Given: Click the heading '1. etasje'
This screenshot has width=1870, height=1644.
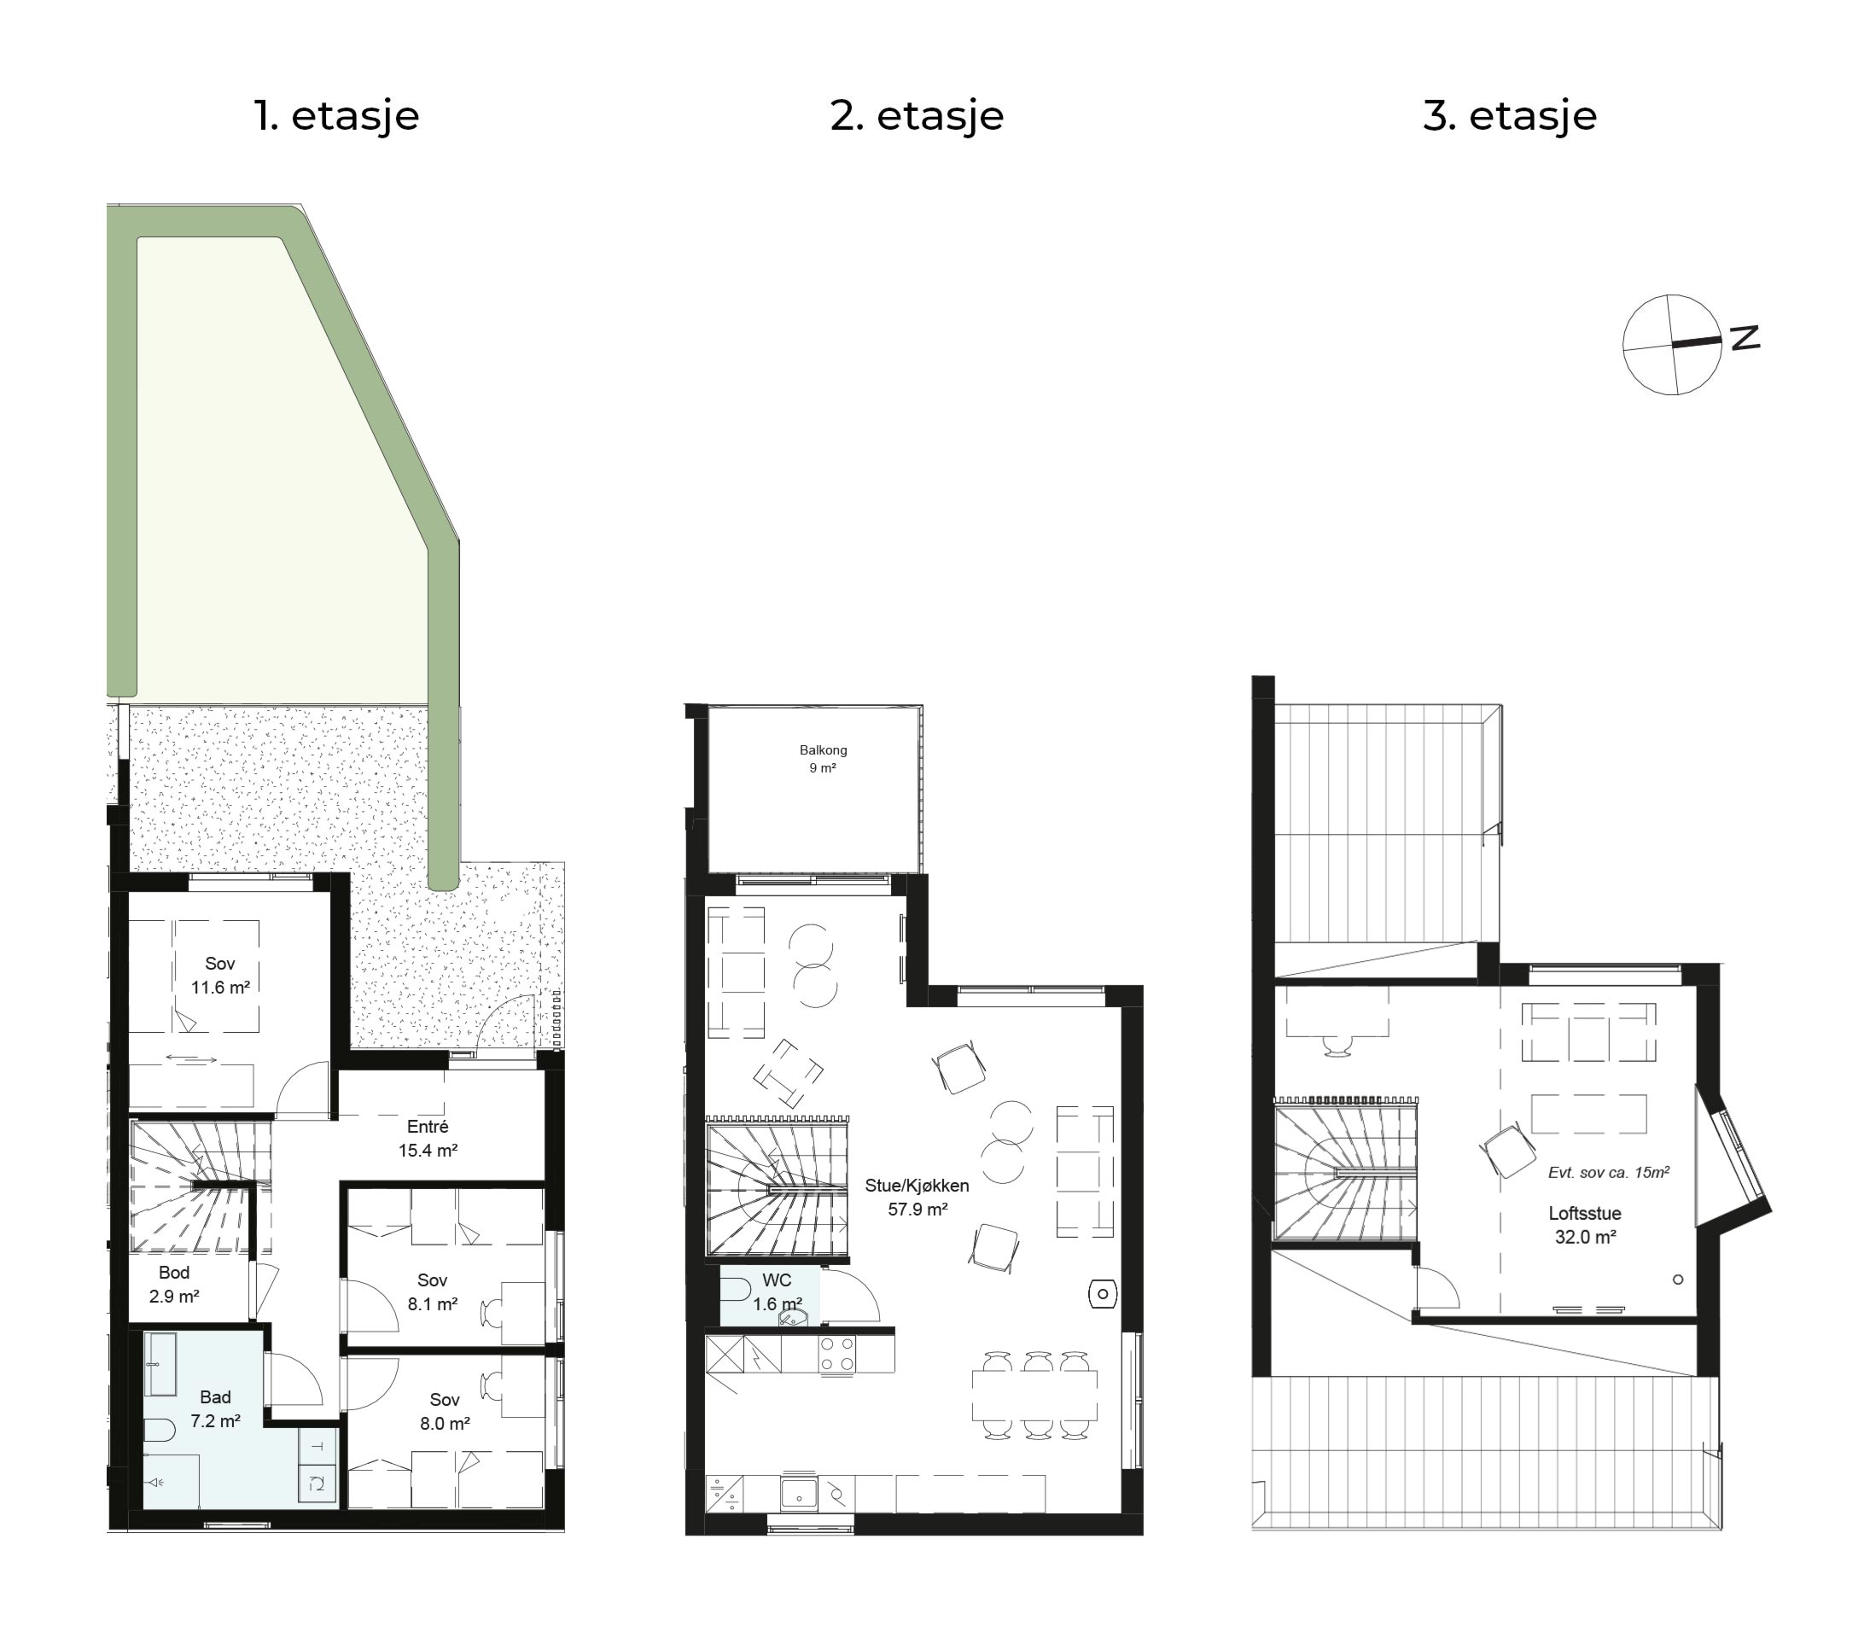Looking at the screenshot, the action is (x=336, y=116).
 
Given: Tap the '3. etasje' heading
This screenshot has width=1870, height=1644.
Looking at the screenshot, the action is (x=1510, y=116).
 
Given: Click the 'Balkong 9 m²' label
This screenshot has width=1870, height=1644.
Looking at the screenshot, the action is (x=823, y=760).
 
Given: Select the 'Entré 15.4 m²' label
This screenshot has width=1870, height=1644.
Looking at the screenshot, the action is (x=428, y=1139).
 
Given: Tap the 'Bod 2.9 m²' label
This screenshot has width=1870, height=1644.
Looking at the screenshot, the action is (x=174, y=1285).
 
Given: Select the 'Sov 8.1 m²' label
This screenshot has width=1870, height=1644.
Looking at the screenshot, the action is (x=432, y=1291).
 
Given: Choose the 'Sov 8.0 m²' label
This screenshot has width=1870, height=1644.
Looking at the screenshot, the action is (x=445, y=1412).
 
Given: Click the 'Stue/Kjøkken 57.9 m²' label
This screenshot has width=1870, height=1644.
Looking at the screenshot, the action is (x=917, y=1197).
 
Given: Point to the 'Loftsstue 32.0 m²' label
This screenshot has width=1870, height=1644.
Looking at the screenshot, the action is (x=1585, y=1225).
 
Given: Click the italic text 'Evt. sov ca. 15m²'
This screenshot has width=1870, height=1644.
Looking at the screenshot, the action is (x=1608, y=1172).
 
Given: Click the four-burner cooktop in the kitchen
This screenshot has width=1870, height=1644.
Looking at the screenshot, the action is (x=837, y=1354).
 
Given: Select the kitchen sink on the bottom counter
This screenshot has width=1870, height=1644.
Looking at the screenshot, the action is (x=799, y=1494).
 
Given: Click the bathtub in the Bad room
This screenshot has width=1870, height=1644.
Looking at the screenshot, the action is (x=160, y=1363).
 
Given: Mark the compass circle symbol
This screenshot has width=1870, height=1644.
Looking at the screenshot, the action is (x=1671, y=345).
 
